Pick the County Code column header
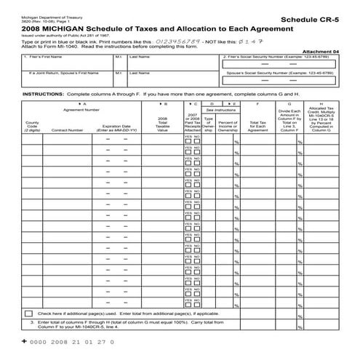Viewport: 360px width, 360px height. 32,124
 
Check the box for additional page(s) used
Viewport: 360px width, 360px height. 29,312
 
